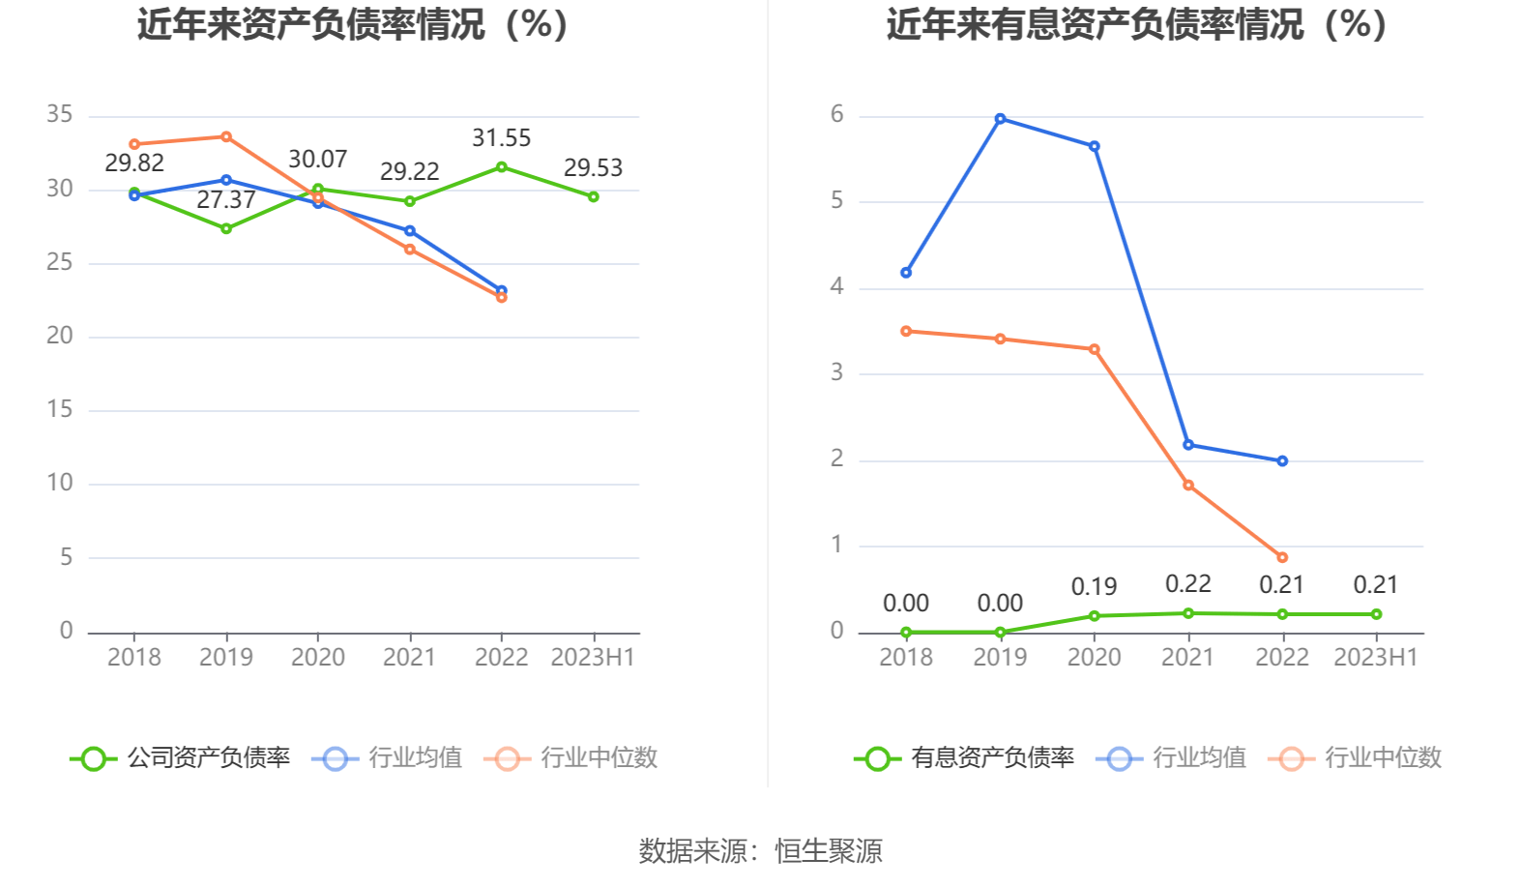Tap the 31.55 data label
tap(501, 138)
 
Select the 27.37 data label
tap(225, 200)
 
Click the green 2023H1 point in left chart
tap(593, 196)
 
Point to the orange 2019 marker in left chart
tap(225, 136)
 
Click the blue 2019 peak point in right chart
tap(1000, 119)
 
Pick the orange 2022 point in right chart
tap(1282, 557)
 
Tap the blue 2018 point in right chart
tap(906, 273)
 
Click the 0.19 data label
tap(1094, 587)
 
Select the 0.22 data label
tap(1187, 584)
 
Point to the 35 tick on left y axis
tap(60, 114)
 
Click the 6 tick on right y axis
tap(836, 114)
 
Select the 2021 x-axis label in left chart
tap(409, 658)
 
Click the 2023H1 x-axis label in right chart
tap(1375, 658)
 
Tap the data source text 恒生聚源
tap(829, 851)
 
